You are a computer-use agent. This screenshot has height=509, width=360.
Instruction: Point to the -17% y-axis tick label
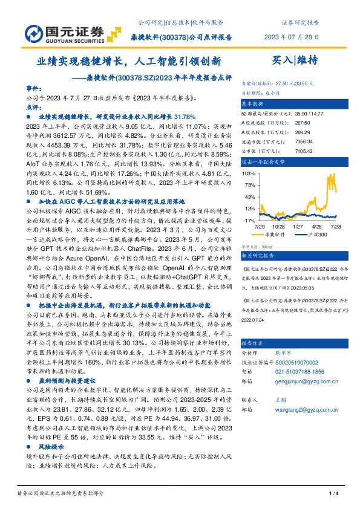coord(249,220)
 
